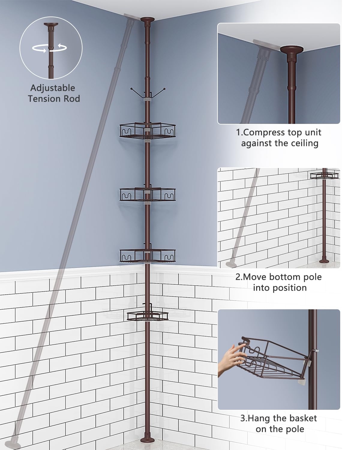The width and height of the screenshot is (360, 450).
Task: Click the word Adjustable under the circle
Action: [53, 88]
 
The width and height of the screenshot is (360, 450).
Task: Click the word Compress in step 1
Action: [264, 133]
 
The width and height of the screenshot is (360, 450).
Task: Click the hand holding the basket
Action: [231, 360]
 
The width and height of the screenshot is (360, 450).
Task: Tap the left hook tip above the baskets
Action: [131, 89]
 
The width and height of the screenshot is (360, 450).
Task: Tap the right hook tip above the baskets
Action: [164, 89]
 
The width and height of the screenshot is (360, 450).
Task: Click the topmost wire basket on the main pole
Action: [148, 131]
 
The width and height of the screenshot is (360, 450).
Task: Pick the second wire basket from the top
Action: [148, 194]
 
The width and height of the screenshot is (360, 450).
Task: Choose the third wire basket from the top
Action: [148, 255]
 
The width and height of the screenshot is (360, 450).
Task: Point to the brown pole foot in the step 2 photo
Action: [325, 260]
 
